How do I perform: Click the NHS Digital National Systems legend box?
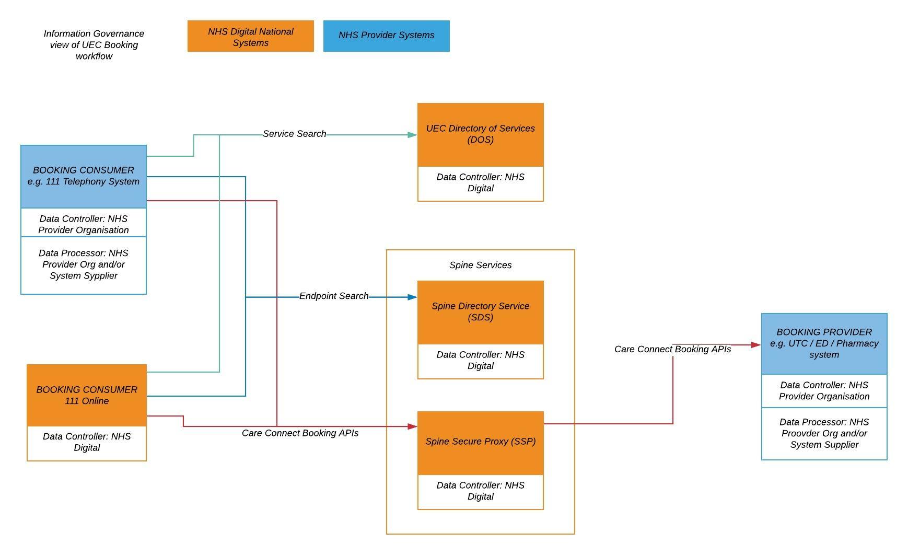[x=250, y=36]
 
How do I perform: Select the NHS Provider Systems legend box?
[x=386, y=36]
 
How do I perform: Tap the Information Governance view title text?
[x=94, y=45]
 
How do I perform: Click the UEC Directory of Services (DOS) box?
[x=480, y=134]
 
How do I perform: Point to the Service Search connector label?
[x=294, y=134]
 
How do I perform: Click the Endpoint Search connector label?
[x=333, y=296]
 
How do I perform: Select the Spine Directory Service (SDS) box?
[x=480, y=312]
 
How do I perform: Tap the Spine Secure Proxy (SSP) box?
[x=480, y=442]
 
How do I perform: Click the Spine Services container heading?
[x=480, y=265]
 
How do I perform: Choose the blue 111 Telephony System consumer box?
[x=84, y=176]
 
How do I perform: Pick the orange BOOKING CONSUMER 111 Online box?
[x=87, y=395]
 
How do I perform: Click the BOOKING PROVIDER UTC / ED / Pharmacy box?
[x=824, y=343]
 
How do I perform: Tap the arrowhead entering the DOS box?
[x=412, y=135]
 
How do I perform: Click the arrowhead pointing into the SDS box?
[x=412, y=297]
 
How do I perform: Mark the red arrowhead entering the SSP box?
[x=412, y=426]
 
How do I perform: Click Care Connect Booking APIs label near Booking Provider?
[x=672, y=349]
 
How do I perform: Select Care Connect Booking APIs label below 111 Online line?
[x=300, y=433]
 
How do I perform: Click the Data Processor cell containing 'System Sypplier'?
[x=84, y=265]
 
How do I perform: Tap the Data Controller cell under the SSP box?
[x=480, y=491]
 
